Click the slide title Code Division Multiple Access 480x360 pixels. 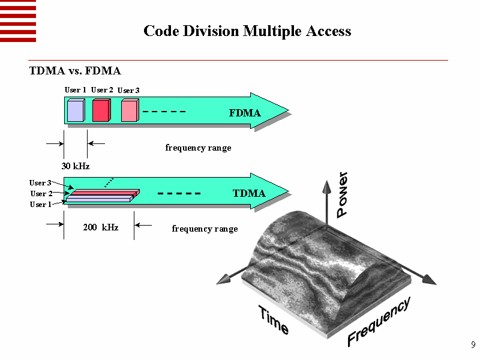pos(247,31)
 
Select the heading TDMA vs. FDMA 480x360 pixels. pos(75,71)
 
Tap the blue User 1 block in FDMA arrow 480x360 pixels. pos(75,111)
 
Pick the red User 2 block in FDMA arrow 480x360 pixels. pos(101,111)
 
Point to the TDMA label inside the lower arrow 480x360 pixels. pos(248,193)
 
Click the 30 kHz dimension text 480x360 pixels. pos(76,166)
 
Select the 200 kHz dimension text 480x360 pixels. pos(100,227)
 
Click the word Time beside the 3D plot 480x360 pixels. pos(274,320)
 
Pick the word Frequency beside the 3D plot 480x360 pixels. pos(379,322)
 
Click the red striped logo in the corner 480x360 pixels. pos(18,21)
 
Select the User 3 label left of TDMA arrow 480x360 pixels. pos(40,182)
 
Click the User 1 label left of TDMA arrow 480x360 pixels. pos(41,205)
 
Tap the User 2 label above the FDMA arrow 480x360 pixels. pos(102,90)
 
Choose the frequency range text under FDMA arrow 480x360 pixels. pos(198,148)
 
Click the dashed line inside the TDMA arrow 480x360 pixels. pos(178,194)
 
